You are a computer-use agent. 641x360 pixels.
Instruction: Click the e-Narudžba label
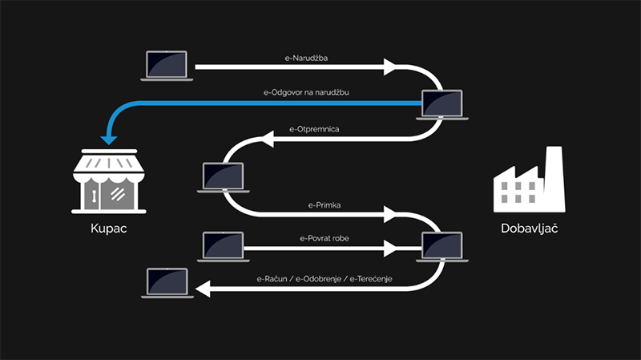pyautogui.click(x=294, y=59)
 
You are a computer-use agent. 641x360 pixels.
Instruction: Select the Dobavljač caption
pyautogui.click(x=529, y=228)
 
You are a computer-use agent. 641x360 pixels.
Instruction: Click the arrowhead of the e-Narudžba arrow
pyautogui.click(x=390, y=67)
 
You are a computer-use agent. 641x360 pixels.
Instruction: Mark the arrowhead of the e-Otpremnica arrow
pyautogui.click(x=267, y=139)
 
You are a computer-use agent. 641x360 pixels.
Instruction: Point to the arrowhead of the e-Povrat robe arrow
pyautogui.click(x=390, y=249)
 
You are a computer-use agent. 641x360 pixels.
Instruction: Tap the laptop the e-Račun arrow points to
pyautogui.click(x=166, y=283)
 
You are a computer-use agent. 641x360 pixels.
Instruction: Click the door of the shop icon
pyautogui.click(x=95, y=195)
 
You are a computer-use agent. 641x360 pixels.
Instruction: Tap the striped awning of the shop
pyautogui.click(x=107, y=165)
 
